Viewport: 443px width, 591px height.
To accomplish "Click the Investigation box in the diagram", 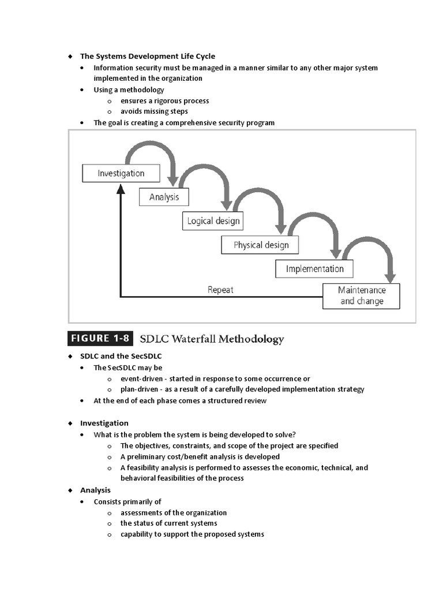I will (121, 173).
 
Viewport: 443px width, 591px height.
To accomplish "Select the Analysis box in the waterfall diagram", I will (164, 197).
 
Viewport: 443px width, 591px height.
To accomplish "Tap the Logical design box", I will (213, 220).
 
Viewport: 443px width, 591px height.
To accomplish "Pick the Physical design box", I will (261, 245).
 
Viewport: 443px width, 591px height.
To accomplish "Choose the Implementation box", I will (314, 268).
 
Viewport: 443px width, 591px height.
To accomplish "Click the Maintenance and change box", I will (362, 295).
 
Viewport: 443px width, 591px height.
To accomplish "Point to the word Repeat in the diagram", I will (220, 290).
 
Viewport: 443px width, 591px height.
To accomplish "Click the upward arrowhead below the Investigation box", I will (120, 189).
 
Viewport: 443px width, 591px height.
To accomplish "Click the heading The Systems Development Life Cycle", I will (147, 56).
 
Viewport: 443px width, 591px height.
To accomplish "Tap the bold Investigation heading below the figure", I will (104, 423).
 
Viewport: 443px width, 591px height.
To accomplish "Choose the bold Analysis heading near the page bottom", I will (95, 490).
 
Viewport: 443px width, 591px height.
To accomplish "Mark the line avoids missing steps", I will (154, 111).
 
